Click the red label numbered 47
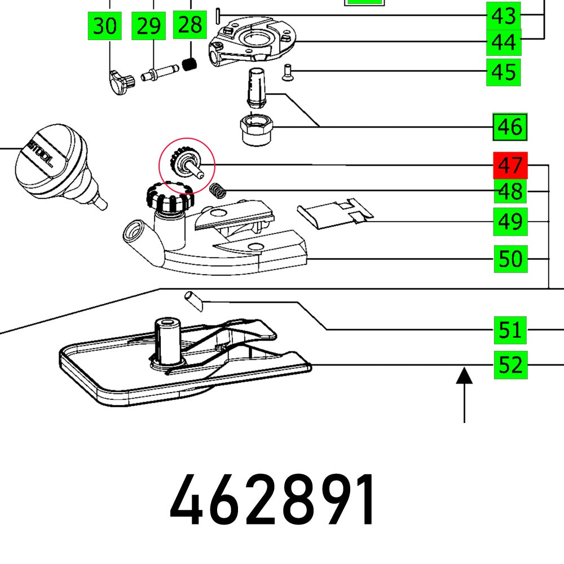coord(510,166)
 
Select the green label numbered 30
coord(105,27)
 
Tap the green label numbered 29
coord(149,27)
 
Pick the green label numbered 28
coord(191,25)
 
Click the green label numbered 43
coord(504,16)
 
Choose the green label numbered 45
coord(504,72)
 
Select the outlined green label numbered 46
coord(510,127)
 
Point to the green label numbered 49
coord(510,222)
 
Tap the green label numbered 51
coord(510,330)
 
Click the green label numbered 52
coord(510,365)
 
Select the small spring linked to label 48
coord(218,191)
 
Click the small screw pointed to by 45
coord(287,72)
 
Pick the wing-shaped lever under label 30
coord(120,82)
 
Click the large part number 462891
coord(273,500)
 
